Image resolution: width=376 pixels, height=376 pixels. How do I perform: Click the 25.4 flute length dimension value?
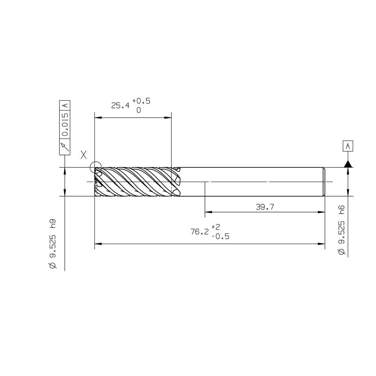(120, 105)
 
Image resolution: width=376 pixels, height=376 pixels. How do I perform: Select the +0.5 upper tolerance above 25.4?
(141, 101)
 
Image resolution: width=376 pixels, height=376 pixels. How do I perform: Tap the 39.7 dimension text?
(264, 207)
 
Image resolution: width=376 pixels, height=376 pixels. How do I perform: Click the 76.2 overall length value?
(199, 232)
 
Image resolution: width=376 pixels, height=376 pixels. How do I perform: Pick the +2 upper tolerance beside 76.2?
(216, 227)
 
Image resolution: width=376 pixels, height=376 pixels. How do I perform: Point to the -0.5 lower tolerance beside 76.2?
(220, 237)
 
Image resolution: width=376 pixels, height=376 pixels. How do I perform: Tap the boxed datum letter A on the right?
(348, 146)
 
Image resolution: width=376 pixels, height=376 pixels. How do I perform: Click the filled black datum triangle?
(348, 164)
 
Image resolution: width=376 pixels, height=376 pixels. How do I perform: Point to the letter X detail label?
(84, 154)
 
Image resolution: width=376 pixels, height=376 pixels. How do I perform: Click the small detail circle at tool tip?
(96, 167)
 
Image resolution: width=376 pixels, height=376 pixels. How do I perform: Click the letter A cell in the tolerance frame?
(65, 105)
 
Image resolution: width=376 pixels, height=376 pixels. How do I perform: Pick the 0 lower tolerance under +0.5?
(138, 111)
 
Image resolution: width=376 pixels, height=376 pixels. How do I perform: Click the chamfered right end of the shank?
(324, 182)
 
